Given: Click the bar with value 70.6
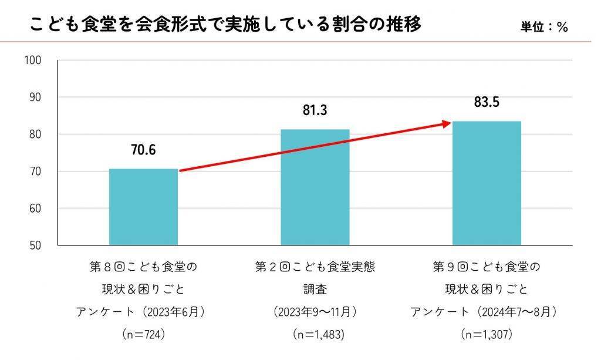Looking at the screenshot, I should click(x=143, y=207).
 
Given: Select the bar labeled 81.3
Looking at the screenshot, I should click(x=315, y=187).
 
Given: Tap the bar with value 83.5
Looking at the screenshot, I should click(x=486, y=183).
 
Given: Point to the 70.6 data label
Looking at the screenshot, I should click(x=143, y=150).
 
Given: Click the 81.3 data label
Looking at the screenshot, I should click(x=315, y=110).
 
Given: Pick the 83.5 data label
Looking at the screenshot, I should click(x=487, y=102).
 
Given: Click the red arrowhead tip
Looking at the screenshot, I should click(x=450, y=122).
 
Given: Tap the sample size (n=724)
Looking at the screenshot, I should click(x=143, y=335).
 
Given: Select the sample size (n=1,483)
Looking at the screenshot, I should click(x=315, y=335).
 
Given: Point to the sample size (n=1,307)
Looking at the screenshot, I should click(x=487, y=335).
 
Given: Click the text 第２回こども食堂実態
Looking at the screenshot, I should click(x=315, y=267).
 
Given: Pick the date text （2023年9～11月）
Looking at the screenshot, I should click(x=315, y=312).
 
